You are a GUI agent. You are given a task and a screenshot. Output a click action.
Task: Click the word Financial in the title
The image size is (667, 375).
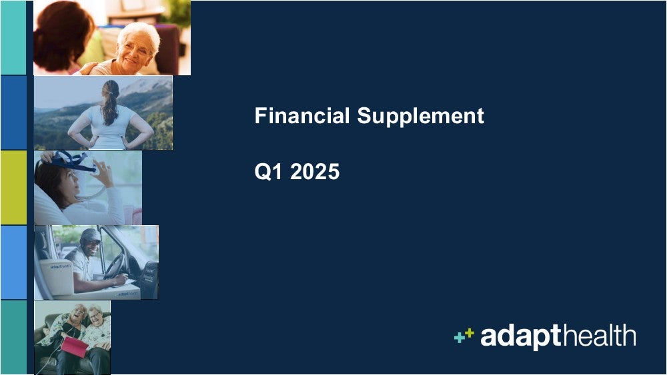click(x=302, y=115)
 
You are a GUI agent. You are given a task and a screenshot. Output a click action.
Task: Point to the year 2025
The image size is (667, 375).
click(x=315, y=172)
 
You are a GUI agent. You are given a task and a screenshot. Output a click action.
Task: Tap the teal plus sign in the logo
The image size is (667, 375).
click(x=460, y=338)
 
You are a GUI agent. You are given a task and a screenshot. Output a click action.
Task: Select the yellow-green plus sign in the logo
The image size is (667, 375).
click(x=469, y=333)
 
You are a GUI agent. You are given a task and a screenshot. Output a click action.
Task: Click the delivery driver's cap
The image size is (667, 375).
click(x=90, y=236)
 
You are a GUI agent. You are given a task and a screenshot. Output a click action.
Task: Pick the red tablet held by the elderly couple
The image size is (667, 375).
click(x=75, y=346)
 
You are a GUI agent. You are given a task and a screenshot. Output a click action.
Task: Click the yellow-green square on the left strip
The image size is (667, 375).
click(x=13, y=187)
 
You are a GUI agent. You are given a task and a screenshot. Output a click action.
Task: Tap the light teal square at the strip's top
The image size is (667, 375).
click(x=13, y=38)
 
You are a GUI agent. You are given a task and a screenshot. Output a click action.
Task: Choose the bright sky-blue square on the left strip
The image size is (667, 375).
click(x=13, y=262)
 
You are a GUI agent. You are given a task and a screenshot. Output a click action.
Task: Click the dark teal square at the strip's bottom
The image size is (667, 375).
click(x=13, y=337)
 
